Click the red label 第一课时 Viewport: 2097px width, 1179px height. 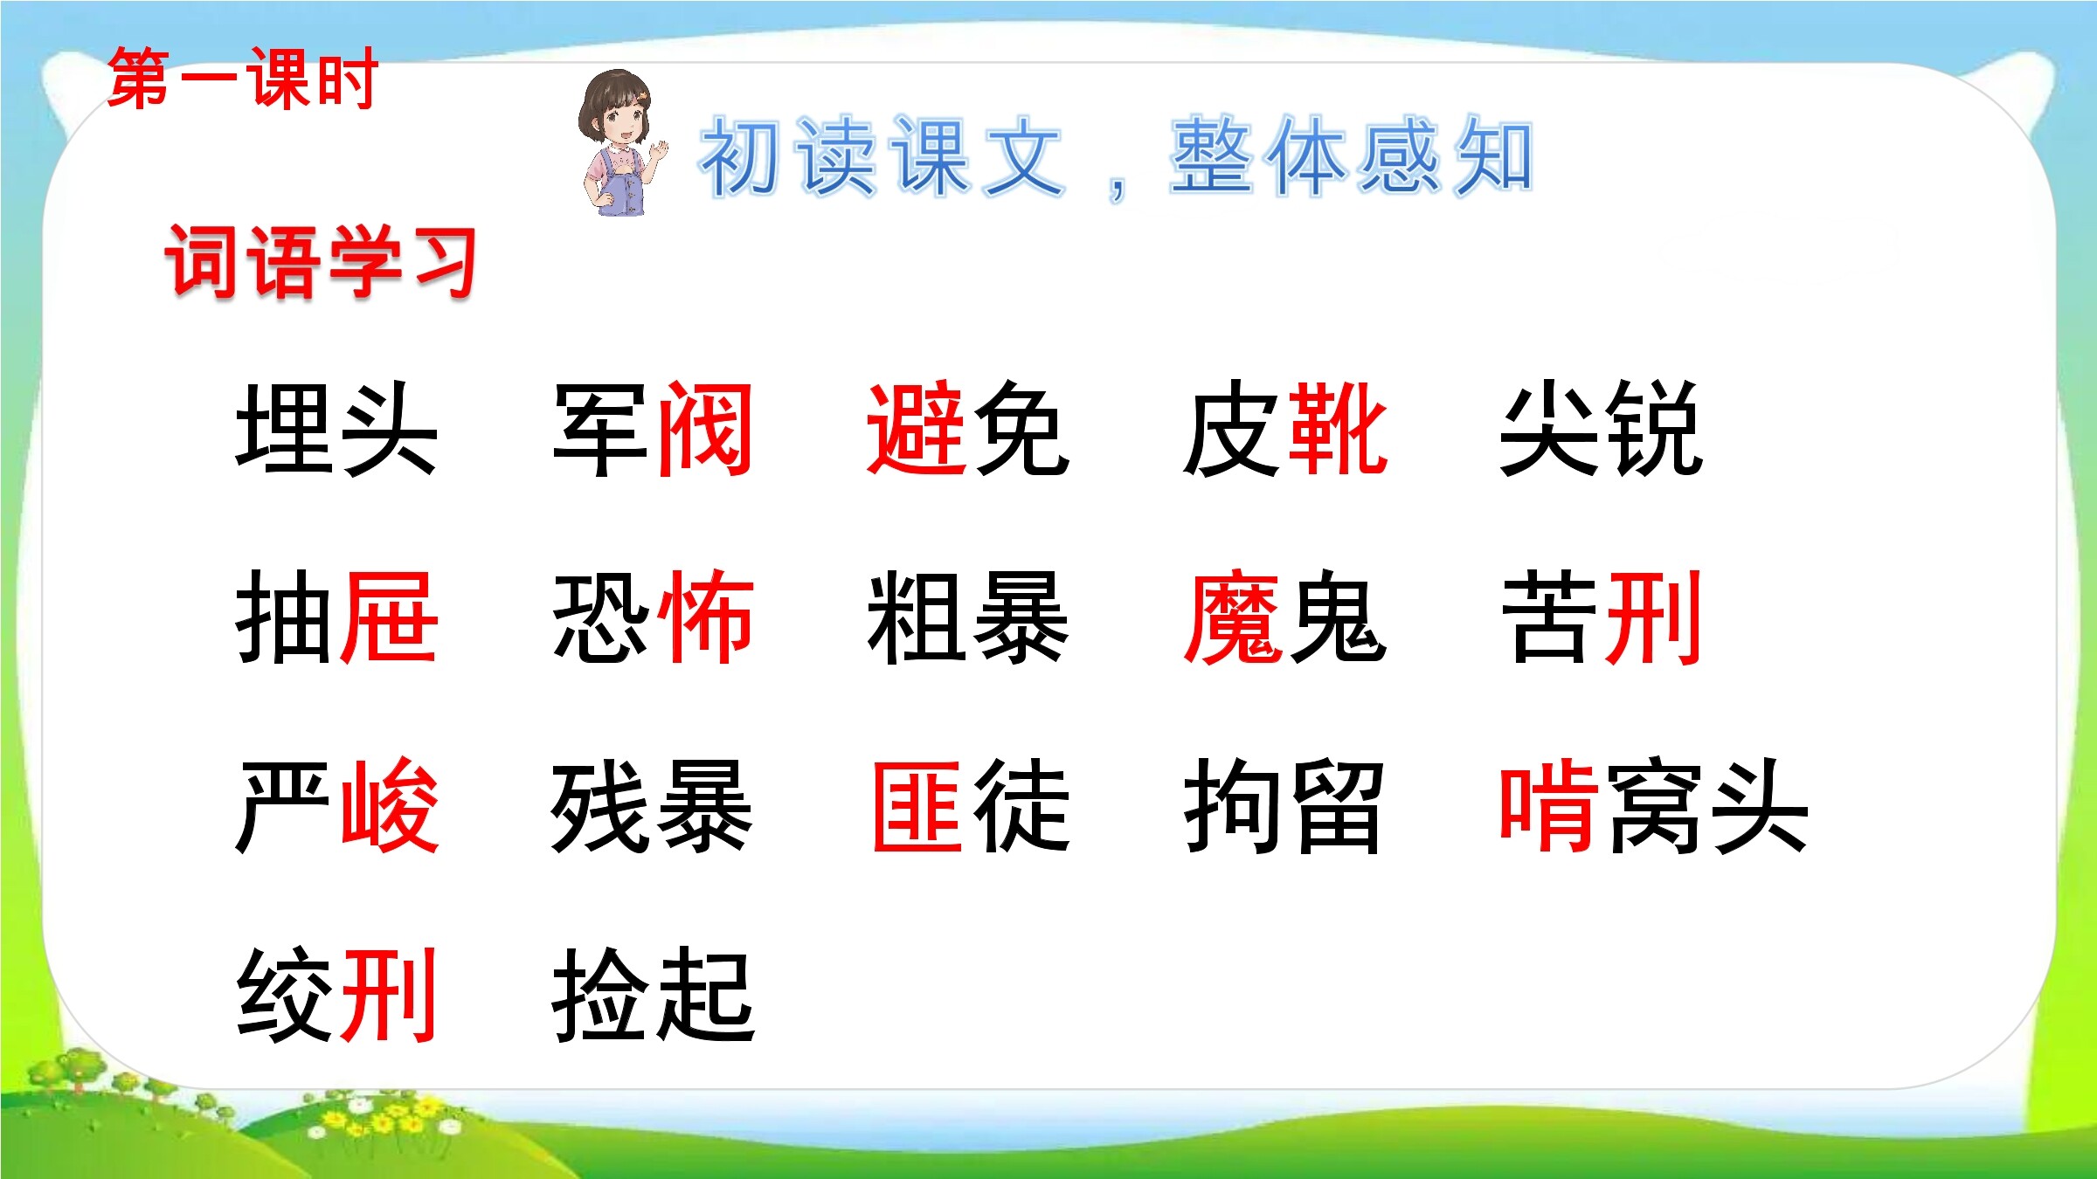coord(242,79)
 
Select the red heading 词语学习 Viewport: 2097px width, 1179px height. coord(321,261)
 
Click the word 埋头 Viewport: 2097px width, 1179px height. coord(336,430)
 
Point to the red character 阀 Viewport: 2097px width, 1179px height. coord(704,430)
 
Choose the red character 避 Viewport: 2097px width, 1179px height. coord(916,430)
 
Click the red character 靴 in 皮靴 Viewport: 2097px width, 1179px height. coord(1338,430)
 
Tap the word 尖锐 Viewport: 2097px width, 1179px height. coord(1601,430)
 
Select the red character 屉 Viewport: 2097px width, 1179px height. coord(388,617)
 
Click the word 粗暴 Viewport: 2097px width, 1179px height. coord(968,617)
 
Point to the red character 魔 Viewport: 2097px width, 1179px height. coord(1233,617)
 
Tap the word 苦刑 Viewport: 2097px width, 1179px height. coord(1601,617)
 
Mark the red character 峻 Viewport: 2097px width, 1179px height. coord(389,805)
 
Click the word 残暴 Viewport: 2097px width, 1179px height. coord(652,805)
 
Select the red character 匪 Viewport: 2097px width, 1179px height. coord(917,805)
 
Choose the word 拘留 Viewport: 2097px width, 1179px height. coord(1283,805)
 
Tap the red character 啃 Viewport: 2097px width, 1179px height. coord(1549,805)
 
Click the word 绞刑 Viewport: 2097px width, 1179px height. coord(336,994)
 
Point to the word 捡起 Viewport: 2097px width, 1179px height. coord(654,994)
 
